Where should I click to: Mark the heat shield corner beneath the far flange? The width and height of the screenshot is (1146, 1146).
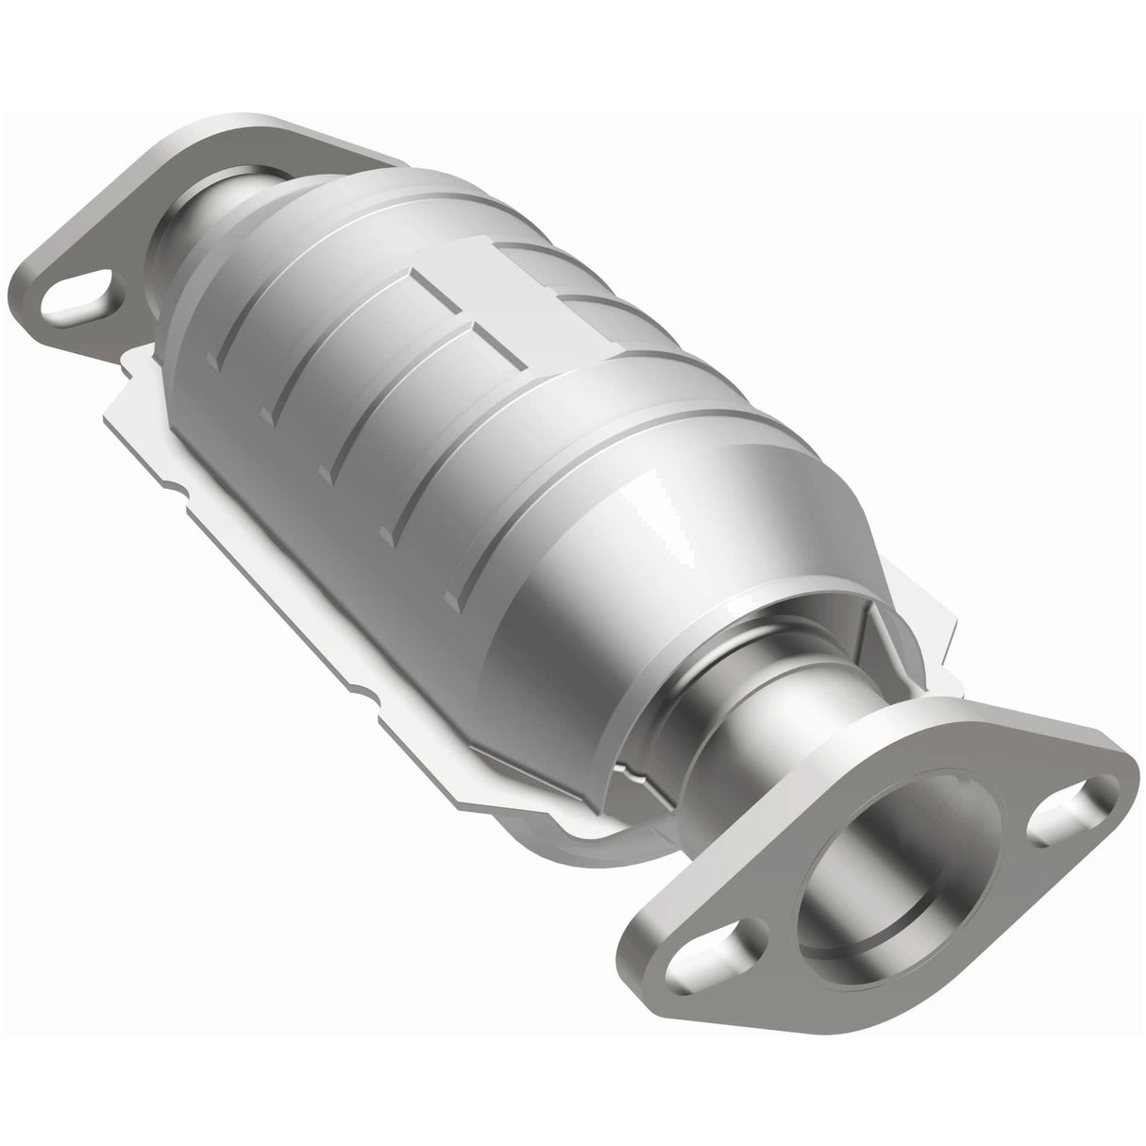pos(142,378)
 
